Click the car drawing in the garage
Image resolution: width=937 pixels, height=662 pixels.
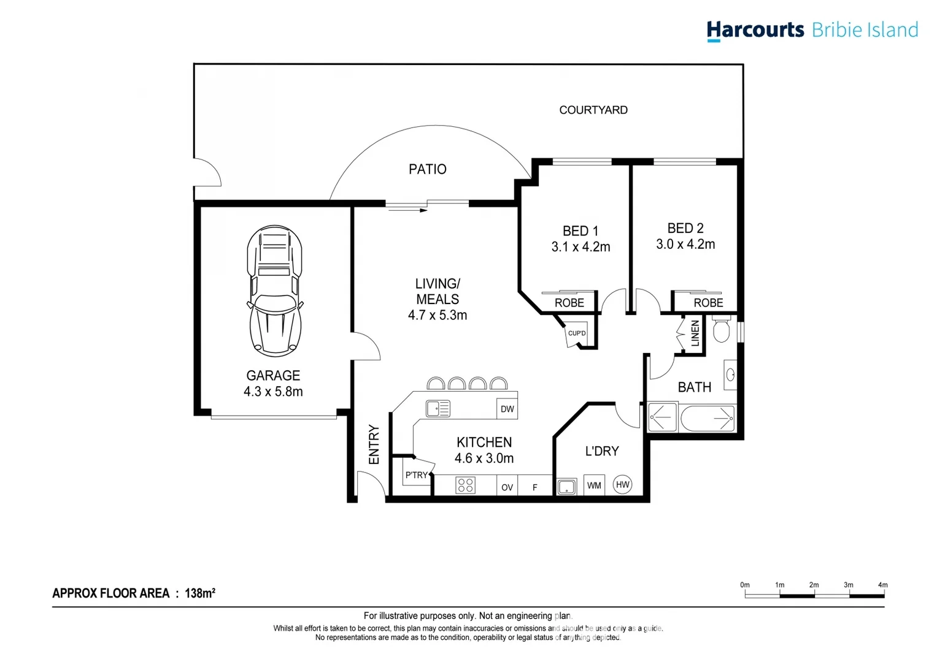click(x=274, y=291)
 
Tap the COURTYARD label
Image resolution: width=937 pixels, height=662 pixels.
click(x=593, y=110)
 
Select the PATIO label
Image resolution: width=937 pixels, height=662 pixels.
click(x=427, y=169)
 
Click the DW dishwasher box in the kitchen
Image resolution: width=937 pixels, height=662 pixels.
click(x=507, y=409)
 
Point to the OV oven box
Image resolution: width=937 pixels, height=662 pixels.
click(x=507, y=487)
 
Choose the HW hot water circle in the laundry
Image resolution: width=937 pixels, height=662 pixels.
click(x=622, y=484)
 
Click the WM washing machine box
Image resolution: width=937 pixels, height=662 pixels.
click(x=593, y=485)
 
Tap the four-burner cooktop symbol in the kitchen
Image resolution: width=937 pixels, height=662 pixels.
click(x=465, y=485)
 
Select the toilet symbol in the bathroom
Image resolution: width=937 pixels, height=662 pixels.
click(x=722, y=329)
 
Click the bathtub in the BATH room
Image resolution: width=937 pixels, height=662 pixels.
click(x=708, y=418)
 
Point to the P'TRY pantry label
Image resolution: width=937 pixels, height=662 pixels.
click(x=416, y=475)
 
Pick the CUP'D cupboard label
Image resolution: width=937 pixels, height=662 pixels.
click(x=577, y=333)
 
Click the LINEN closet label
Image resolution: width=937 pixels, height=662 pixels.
click(x=695, y=333)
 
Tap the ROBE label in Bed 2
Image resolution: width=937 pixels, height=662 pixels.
click(x=708, y=303)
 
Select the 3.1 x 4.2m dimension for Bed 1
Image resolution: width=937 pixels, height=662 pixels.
click(x=580, y=247)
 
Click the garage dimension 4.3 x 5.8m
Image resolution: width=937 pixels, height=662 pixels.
click(x=273, y=392)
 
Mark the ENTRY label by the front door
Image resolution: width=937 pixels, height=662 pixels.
click(x=374, y=444)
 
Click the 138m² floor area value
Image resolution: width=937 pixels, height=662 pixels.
click(x=200, y=593)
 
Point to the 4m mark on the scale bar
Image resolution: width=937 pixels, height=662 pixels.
click(x=882, y=585)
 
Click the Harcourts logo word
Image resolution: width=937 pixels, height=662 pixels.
click(x=755, y=30)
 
